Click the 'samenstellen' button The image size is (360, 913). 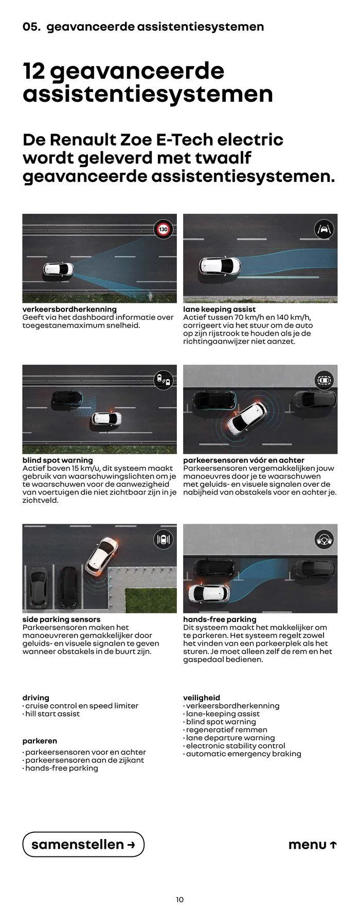tap(83, 844)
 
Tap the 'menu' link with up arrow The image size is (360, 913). tap(313, 845)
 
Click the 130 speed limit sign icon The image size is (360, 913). tap(164, 229)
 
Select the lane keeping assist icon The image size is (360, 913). tap(324, 228)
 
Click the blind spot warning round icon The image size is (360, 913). tap(164, 380)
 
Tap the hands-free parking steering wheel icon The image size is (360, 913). tap(324, 539)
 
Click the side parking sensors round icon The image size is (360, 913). tap(164, 539)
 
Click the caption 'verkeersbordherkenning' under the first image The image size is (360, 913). tap(69, 309)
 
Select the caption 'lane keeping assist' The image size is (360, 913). tap(219, 309)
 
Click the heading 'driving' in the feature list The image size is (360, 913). tap(36, 698)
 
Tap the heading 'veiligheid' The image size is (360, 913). tap(202, 698)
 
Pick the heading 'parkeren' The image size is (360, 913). tap(40, 741)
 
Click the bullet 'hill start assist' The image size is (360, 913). tap(51, 714)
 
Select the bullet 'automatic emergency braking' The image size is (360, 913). tap(242, 754)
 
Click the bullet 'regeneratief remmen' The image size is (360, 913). tap(225, 729)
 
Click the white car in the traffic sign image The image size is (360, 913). tap(58, 269)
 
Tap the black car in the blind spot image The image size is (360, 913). tap(67, 397)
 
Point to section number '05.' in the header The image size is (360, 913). tap(31, 26)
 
